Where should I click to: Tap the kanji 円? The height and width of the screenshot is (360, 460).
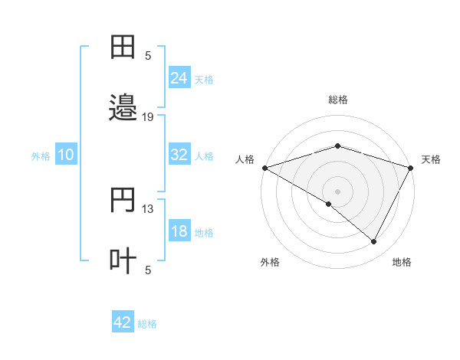click(x=123, y=201)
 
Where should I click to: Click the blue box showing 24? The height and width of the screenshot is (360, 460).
click(x=179, y=77)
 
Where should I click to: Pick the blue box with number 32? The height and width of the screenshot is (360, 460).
click(x=179, y=155)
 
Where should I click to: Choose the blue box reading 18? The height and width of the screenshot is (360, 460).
click(x=179, y=231)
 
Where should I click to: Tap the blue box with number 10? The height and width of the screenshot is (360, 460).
click(x=66, y=155)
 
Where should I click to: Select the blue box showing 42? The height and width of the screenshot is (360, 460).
click(x=123, y=322)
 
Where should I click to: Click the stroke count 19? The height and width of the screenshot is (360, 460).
click(x=148, y=117)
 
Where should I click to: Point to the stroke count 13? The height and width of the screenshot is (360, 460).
click(x=148, y=209)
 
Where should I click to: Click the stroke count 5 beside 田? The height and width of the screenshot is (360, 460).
click(x=148, y=55)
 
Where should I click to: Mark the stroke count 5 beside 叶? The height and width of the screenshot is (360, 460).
click(x=148, y=270)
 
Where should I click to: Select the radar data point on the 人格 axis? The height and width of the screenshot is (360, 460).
click(x=264, y=168)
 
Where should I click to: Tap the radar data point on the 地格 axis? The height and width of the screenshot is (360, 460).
click(x=374, y=242)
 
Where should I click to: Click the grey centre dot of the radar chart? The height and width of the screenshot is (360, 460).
click(x=338, y=191)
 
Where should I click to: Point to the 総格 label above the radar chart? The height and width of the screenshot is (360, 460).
click(x=338, y=100)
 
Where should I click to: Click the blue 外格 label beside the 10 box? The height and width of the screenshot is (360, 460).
click(x=41, y=155)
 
